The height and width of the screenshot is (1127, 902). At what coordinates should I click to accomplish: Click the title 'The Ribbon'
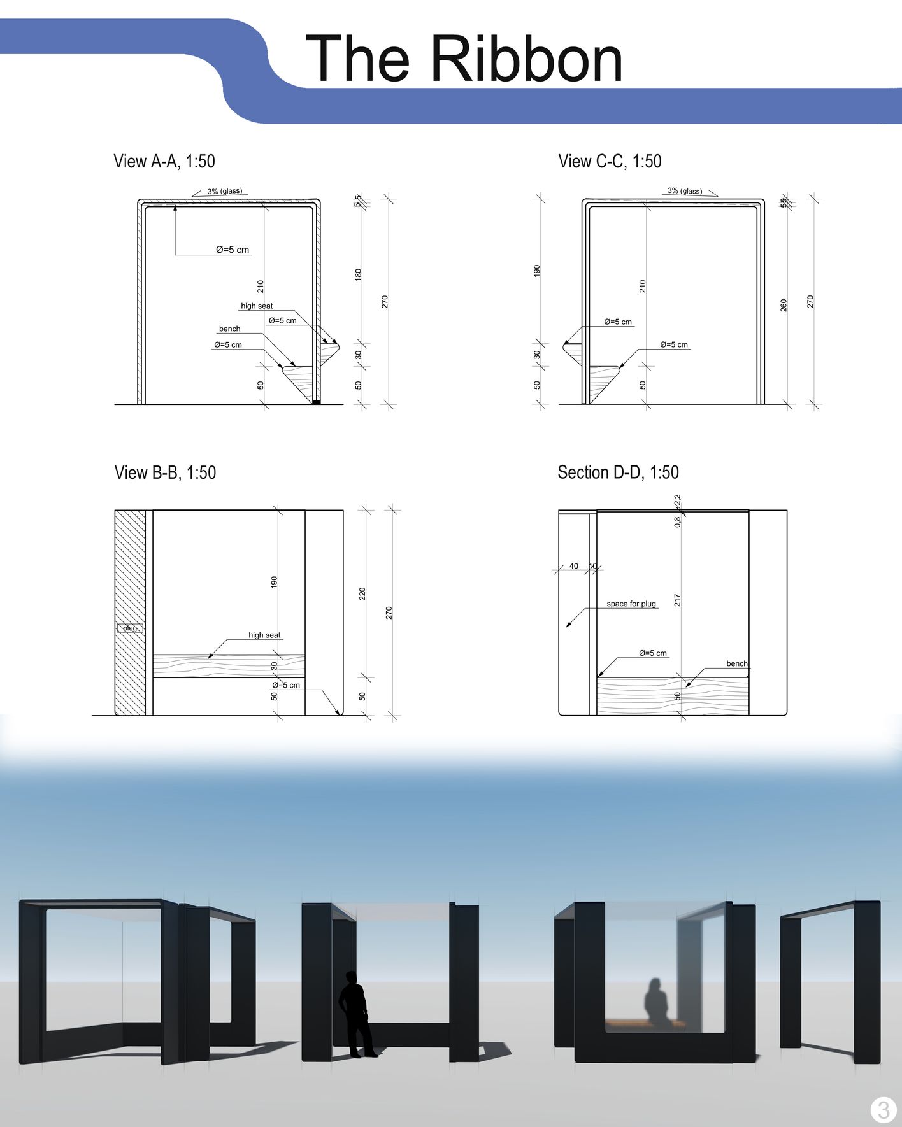point(464,59)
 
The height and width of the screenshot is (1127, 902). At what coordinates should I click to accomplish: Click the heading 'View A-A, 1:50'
point(164,161)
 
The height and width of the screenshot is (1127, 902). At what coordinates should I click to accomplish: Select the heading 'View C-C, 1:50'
point(610,161)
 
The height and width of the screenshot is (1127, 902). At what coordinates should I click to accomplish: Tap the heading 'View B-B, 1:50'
point(165,472)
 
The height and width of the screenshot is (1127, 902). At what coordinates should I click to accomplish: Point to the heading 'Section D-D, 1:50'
point(618,472)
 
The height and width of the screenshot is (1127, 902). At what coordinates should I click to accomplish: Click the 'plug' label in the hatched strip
point(130,628)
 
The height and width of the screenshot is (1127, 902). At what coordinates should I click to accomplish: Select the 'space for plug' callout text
point(631,604)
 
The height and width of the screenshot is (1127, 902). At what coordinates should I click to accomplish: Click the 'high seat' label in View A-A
point(257,306)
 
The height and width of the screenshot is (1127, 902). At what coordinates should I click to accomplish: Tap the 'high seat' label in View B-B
point(264,635)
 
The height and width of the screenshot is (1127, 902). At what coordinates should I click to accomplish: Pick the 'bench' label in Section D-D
point(737,663)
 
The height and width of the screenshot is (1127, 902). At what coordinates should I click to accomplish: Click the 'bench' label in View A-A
point(230,329)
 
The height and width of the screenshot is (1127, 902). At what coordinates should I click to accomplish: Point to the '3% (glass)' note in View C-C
point(685,191)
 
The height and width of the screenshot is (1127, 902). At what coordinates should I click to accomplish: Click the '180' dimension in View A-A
point(358,274)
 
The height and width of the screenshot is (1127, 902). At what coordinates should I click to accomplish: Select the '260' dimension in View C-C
point(784,305)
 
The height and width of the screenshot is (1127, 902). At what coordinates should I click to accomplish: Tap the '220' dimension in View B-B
point(362,593)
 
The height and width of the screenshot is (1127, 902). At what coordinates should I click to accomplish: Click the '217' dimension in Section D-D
point(677,600)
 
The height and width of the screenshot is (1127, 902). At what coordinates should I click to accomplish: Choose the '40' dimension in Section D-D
point(574,566)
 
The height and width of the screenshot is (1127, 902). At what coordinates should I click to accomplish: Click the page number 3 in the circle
point(883,1110)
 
